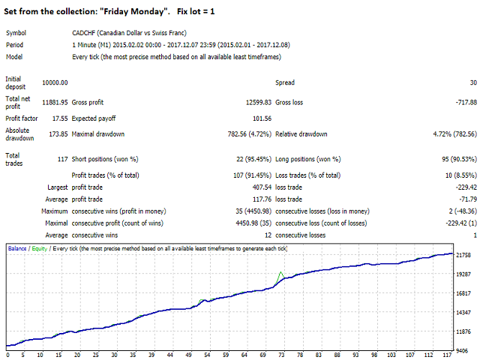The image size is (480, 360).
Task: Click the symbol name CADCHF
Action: pyautogui.click(x=83, y=33)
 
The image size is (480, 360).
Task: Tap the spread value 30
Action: pyautogui.click(x=472, y=82)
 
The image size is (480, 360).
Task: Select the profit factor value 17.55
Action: pyautogui.click(x=58, y=118)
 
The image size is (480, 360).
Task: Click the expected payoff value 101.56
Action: pyautogui.click(x=258, y=118)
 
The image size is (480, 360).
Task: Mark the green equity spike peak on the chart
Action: pyautogui.click(x=280, y=272)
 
